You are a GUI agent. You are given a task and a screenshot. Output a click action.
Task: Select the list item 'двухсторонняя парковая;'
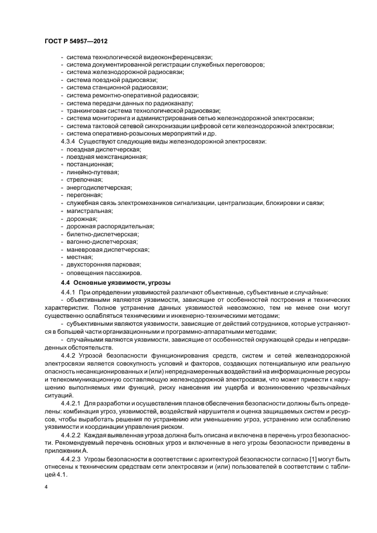click(103, 265)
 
